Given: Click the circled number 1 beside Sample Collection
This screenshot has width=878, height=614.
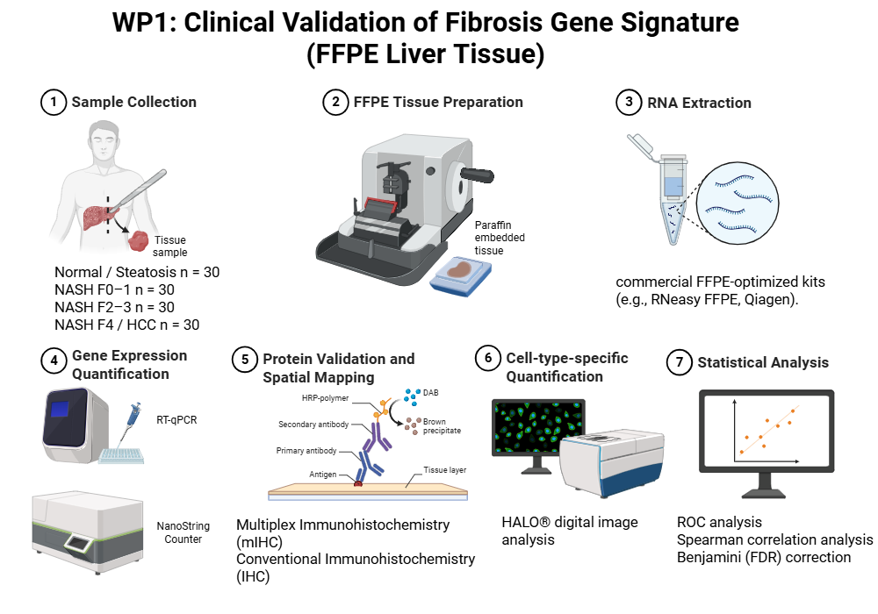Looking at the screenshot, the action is pos(54,102).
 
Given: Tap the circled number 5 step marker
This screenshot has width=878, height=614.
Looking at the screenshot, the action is pos(245,359).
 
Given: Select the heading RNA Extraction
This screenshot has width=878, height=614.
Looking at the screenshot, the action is pos(699,103).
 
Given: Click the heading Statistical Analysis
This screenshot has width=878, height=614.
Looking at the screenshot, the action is pos(763,362).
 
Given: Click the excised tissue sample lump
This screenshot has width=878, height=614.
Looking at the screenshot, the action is pos(139,241).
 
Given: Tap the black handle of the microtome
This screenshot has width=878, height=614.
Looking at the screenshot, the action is pos(477,175).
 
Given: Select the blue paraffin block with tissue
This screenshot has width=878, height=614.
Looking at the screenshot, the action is pos(460,275).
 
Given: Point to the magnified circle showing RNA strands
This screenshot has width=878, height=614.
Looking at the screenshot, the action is pos(738,203).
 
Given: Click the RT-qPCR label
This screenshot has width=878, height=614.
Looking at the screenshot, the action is pos(176,420).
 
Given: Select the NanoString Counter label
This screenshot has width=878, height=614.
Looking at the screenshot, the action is pos(184,532).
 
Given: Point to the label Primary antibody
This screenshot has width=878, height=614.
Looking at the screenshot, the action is pos(306,451).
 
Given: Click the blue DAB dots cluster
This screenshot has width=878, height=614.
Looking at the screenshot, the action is pos(413,396).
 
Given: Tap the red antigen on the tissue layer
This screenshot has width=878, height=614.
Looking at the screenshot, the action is pos(358,482).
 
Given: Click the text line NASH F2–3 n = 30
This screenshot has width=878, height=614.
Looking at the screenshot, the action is pos(114,307).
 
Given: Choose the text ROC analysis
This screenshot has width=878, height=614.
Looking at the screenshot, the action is pos(719,522).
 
